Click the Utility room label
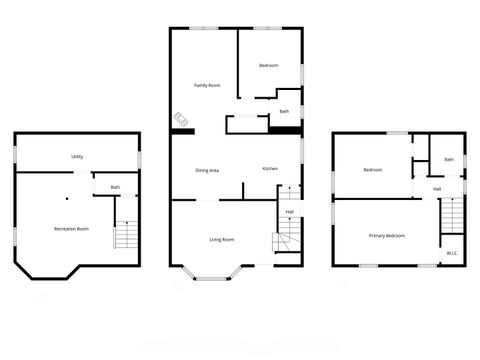(x=77, y=157)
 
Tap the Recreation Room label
(x=71, y=229)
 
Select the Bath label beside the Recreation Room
(x=116, y=187)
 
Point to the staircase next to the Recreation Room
(x=125, y=236)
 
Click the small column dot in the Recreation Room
(x=72, y=198)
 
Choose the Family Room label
(x=207, y=86)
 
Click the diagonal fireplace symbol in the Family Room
(x=182, y=120)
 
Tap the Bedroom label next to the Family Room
(x=268, y=65)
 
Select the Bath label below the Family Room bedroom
(x=284, y=111)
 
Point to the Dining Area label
(x=207, y=170)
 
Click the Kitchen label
(x=270, y=168)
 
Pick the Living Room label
(x=222, y=239)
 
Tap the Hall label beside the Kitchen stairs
(x=289, y=211)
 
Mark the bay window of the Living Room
(x=212, y=271)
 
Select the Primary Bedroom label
(x=387, y=235)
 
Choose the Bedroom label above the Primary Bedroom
(x=373, y=170)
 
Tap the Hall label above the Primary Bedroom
(x=438, y=189)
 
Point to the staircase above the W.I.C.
(x=452, y=215)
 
